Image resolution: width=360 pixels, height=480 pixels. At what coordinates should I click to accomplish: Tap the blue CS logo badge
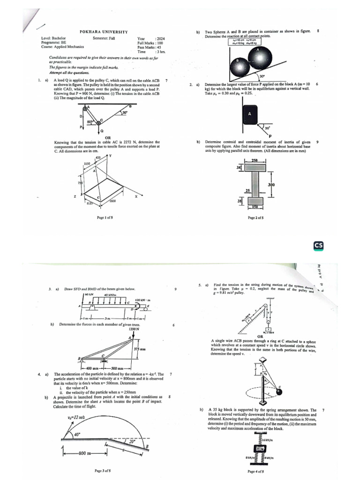pos(319,246)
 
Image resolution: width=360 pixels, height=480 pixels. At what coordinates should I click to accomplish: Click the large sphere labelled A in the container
pos(256,58)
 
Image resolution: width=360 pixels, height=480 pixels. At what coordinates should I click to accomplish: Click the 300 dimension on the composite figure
pos(270,185)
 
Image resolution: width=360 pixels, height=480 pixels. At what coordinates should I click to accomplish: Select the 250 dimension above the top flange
pos(255,161)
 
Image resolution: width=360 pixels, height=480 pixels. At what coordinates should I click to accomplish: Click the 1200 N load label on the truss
pos(135,330)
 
